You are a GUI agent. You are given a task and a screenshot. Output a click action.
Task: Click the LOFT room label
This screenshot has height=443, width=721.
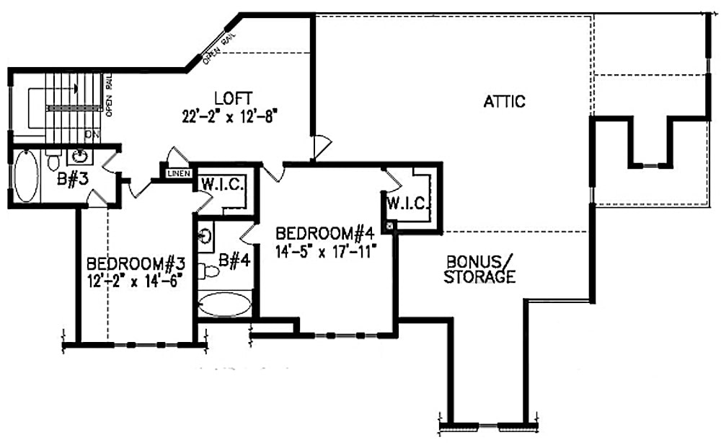pyautogui.click(x=232, y=98)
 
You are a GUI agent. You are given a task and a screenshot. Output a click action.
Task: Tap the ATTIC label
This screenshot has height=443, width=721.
pyautogui.click(x=504, y=102)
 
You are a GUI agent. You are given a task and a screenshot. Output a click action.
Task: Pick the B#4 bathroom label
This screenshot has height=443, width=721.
pyautogui.click(x=234, y=260)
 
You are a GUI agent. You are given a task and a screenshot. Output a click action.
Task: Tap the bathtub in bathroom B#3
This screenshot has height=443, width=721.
pyautogui.click(x=27, y=175)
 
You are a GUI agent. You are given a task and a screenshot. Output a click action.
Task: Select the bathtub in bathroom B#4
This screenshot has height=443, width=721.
pyautogui.click(x=224, y=304)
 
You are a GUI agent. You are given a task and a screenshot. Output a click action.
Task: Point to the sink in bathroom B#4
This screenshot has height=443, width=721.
pyautogui.click(x=205, y=235)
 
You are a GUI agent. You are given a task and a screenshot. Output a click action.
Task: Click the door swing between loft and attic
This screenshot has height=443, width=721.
pyautogui.click(x=321, y=148)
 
